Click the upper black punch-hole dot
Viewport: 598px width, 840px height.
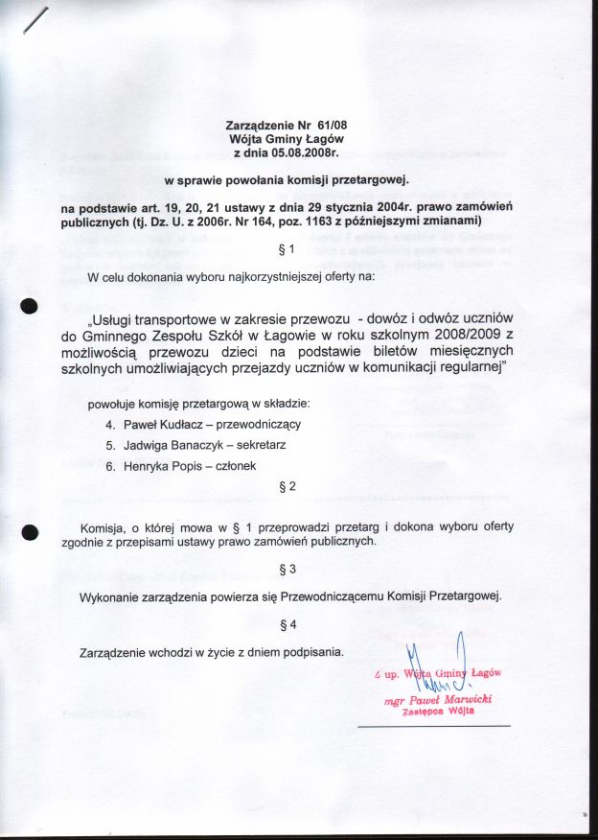coord(29,306)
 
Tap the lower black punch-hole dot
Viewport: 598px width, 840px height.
coord(29,531)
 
